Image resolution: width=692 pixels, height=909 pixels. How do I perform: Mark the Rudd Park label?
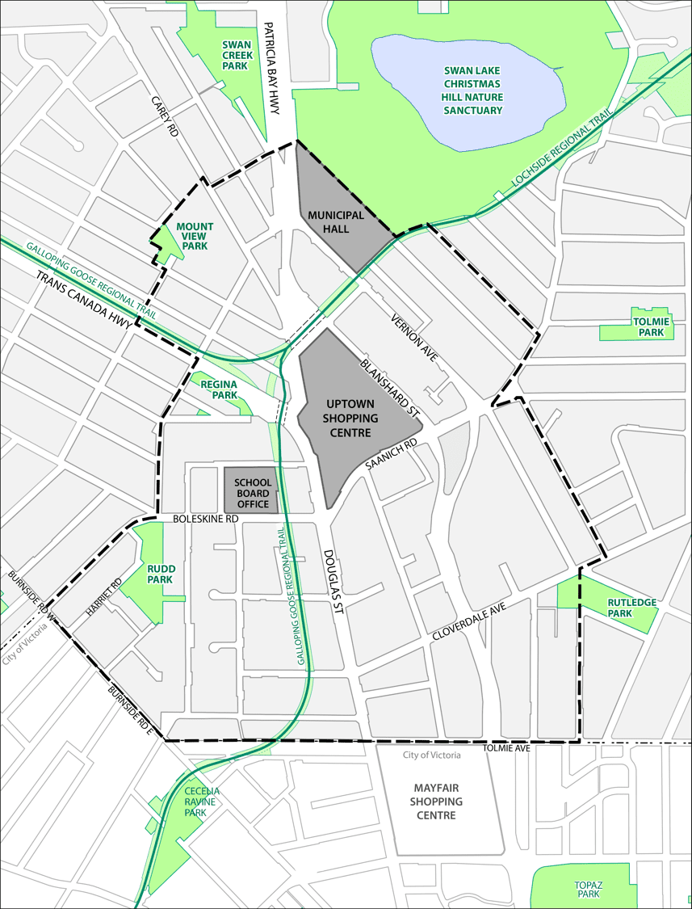(x=161, y=574)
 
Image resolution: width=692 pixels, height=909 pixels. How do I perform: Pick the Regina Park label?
(x=224, y=389)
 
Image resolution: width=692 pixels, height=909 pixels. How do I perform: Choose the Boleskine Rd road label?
(x=206, y=518)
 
